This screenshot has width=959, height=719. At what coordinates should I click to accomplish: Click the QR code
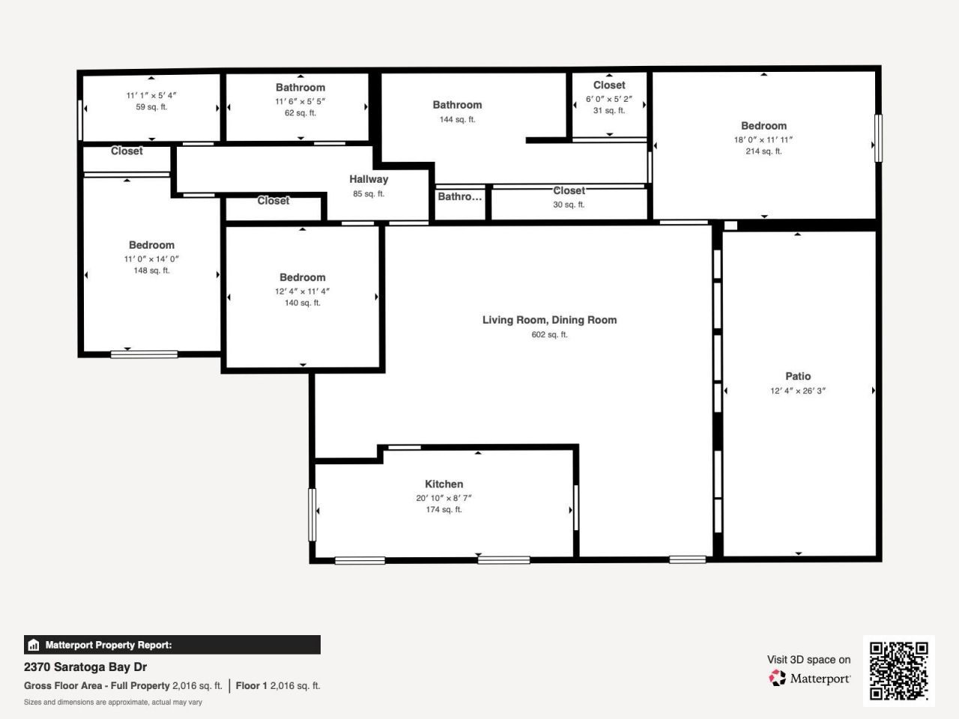pyautogui.click(x=898, y=670)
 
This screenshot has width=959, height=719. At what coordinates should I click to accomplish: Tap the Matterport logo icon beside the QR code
pyautogui.click(x=777, y=678)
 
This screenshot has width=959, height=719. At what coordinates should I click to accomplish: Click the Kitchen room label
pyautogui.click(x=444, y=484)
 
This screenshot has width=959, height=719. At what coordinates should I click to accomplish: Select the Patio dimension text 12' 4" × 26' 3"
pyautogui.click(x=798, y=390)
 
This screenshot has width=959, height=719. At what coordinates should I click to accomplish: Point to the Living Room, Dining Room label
pyautogui.click(x=549, y=320)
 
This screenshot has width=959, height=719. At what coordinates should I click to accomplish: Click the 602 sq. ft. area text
pyautogui.click(x=549, y=335)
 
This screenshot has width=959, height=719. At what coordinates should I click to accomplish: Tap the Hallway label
pyautogui.click(x=369, y=179)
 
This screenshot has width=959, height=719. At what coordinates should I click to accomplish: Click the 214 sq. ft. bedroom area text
pyautogui.click(x=763, y=151)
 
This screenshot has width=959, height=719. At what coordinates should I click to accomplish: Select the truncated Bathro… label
pyautogui.click(x=459, y=196)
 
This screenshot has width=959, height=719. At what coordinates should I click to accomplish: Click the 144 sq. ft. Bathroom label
pyautogui.click(x=457, y=105)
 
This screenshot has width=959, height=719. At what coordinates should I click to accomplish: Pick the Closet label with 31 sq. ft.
pyautogui.click(x=609, y=85)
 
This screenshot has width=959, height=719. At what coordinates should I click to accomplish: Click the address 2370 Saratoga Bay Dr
pyautogui.click(x=85, y=667)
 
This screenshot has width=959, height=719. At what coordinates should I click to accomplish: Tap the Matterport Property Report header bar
pyautogui.click(x=172, y=645)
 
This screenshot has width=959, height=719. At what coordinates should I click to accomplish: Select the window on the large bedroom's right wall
pyautogui.click(x=878, y=137)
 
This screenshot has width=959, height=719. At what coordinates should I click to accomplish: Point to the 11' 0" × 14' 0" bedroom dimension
pyautogui.click(x=151, y=259)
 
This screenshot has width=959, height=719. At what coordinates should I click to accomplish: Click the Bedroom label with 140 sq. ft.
pyautogui.click(x=302, y=277)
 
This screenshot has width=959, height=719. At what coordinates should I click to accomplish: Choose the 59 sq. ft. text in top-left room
pyautogui.click(x=151, y=107)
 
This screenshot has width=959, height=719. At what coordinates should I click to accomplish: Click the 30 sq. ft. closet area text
pyautogui.click(x=569, y=204)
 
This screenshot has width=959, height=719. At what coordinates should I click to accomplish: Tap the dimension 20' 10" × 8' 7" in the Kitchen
pyautogui.click(x=444, y=498)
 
